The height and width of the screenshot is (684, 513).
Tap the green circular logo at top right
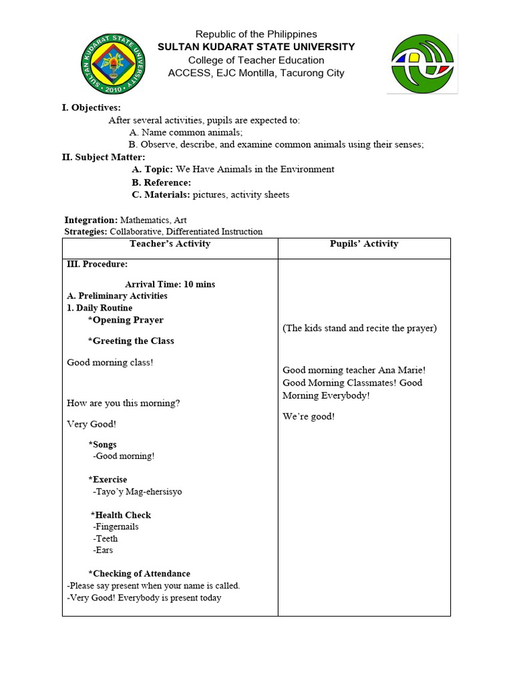(x=424, y=64)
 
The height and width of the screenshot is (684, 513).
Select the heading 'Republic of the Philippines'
(x=256, y=34)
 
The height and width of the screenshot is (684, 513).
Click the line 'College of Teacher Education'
(x=256, y=60)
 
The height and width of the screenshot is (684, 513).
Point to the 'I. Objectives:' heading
(x=92, y=108)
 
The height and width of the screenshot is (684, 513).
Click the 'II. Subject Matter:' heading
(x=104, y=157)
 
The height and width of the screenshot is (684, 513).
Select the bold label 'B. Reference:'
(x=161, y=182)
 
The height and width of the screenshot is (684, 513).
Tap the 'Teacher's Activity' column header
(x=170, y=244)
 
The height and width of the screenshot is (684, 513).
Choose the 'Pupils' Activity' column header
(x=364, y=244)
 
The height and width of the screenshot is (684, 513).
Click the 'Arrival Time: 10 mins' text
(x=170, y=284)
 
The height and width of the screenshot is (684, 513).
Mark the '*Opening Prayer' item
(x=126, y=320)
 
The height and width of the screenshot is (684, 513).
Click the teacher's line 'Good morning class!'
(x=110, y=362)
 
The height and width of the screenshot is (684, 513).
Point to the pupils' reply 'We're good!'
(x=309, y=416)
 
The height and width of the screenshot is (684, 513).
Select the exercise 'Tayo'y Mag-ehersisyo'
(x=138, y=492)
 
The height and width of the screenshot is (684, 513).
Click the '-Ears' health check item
(x=104, y=550)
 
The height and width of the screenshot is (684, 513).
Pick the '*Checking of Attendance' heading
(x=139, y=574)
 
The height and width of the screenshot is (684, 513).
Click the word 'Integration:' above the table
(x=91, y=220)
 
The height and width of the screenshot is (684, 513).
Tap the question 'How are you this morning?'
(x=124, y=403)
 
